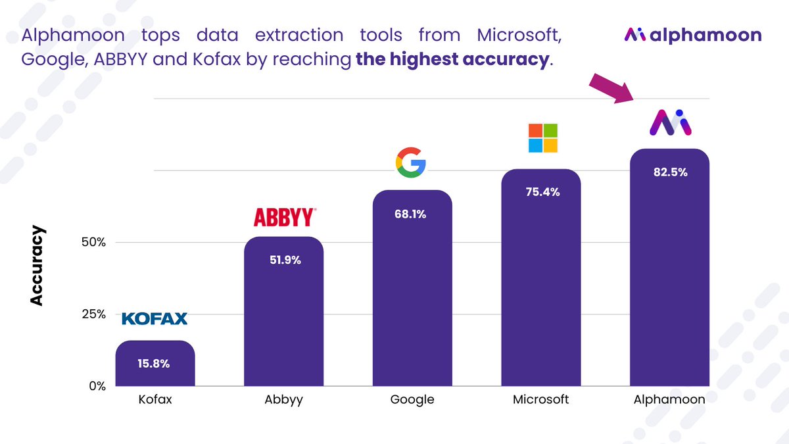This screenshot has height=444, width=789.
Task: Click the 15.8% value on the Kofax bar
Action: pos(155,362)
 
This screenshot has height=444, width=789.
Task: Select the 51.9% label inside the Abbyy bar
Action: pos(284,260)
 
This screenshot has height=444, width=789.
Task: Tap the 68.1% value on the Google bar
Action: pos(412,214)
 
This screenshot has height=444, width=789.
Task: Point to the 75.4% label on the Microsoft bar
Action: pos(541,192)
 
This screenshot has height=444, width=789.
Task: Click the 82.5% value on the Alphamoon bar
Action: pos(669,172)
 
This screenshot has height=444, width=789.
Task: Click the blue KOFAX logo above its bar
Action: pos(155,319)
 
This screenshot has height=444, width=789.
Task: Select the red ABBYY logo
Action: pos(285,217)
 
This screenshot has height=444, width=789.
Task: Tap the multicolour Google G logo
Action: pos(411,163)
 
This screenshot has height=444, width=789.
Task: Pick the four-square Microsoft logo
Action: pos(543,138)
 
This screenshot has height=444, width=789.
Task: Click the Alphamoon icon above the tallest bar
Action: pos(671,123)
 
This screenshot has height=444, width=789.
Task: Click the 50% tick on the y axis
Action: pos(94,242)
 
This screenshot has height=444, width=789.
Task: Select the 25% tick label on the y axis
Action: pos(94,314)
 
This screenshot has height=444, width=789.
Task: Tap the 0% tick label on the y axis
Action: pos(97,386)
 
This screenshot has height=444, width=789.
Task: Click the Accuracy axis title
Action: pos(37,266)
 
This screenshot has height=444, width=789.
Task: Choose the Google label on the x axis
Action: pos(412,399)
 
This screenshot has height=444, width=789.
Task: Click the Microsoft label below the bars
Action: pos(541,399)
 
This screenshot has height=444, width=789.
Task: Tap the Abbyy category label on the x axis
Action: pos(284,400)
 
